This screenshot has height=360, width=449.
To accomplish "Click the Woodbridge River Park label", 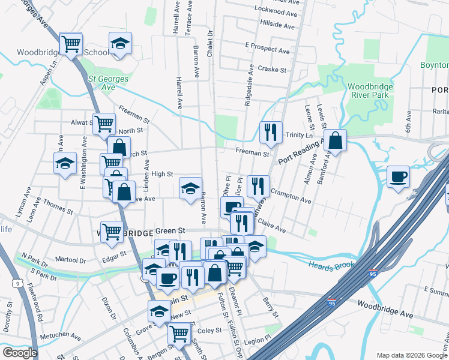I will tap(370, 91).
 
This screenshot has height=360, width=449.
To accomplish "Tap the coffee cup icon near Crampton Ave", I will tap(397, 177).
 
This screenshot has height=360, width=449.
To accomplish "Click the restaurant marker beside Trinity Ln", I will tap(271, 132).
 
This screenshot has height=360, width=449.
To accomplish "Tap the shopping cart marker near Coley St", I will tap(179, 333).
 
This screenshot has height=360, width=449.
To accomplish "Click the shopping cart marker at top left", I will tap(71, 44).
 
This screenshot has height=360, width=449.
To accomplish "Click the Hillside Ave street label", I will tap(277, 26).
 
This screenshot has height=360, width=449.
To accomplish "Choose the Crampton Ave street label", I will tap(291, 196).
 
